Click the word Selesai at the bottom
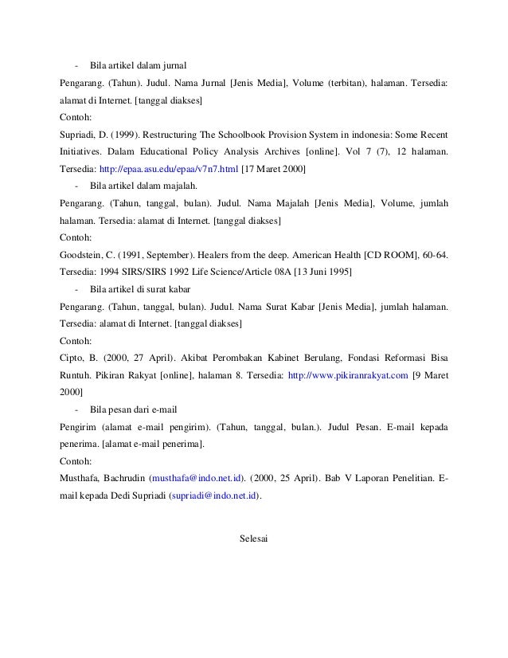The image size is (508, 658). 254,540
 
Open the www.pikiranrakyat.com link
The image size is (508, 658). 347,375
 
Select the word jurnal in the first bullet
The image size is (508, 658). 173,65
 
